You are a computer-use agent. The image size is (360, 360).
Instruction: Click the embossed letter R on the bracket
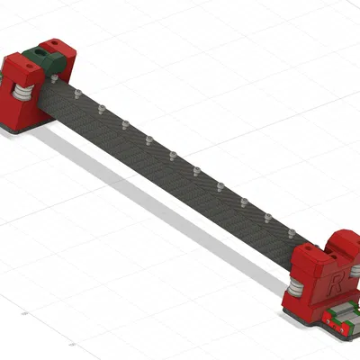tap(334, 287)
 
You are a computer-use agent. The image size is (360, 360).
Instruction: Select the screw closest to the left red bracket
tap(77, 93)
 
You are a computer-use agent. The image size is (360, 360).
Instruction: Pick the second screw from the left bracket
tap(101, 109)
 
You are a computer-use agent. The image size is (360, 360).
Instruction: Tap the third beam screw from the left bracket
tap(125, 124)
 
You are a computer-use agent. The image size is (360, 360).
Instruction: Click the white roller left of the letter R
tap(296, 287)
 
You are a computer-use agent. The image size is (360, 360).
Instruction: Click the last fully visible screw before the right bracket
tap(291, 233)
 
